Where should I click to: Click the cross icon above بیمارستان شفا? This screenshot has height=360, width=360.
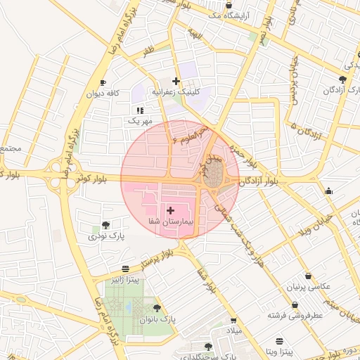pos(170,210)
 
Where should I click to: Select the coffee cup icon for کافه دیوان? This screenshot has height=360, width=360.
pos(103,82)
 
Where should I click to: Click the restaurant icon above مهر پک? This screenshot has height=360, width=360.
pos(140,110)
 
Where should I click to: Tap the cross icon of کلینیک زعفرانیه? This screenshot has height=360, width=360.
pos(176,82)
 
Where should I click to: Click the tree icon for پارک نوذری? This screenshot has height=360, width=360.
pos(105,225)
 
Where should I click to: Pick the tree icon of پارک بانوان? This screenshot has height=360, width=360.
pos(156,308)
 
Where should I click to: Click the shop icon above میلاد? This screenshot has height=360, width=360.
pos(233,321)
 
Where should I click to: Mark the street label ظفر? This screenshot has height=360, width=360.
pos(148,51)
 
